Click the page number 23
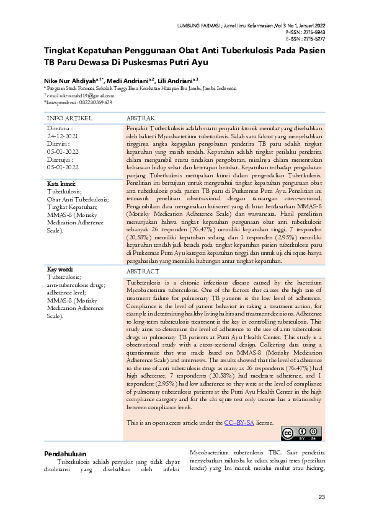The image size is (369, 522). pos(321,497)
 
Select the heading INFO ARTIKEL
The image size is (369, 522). pos(70,117)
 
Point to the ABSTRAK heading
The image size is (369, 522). pos(140,117)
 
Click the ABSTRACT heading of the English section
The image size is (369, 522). pos(143,272)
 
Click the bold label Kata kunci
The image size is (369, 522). pos(61,184)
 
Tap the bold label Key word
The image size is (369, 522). pos(61,269)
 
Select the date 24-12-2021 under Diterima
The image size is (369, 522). pos(63,135)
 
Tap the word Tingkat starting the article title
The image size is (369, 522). pos(60,51)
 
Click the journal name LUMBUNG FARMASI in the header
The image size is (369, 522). pos(200,25)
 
